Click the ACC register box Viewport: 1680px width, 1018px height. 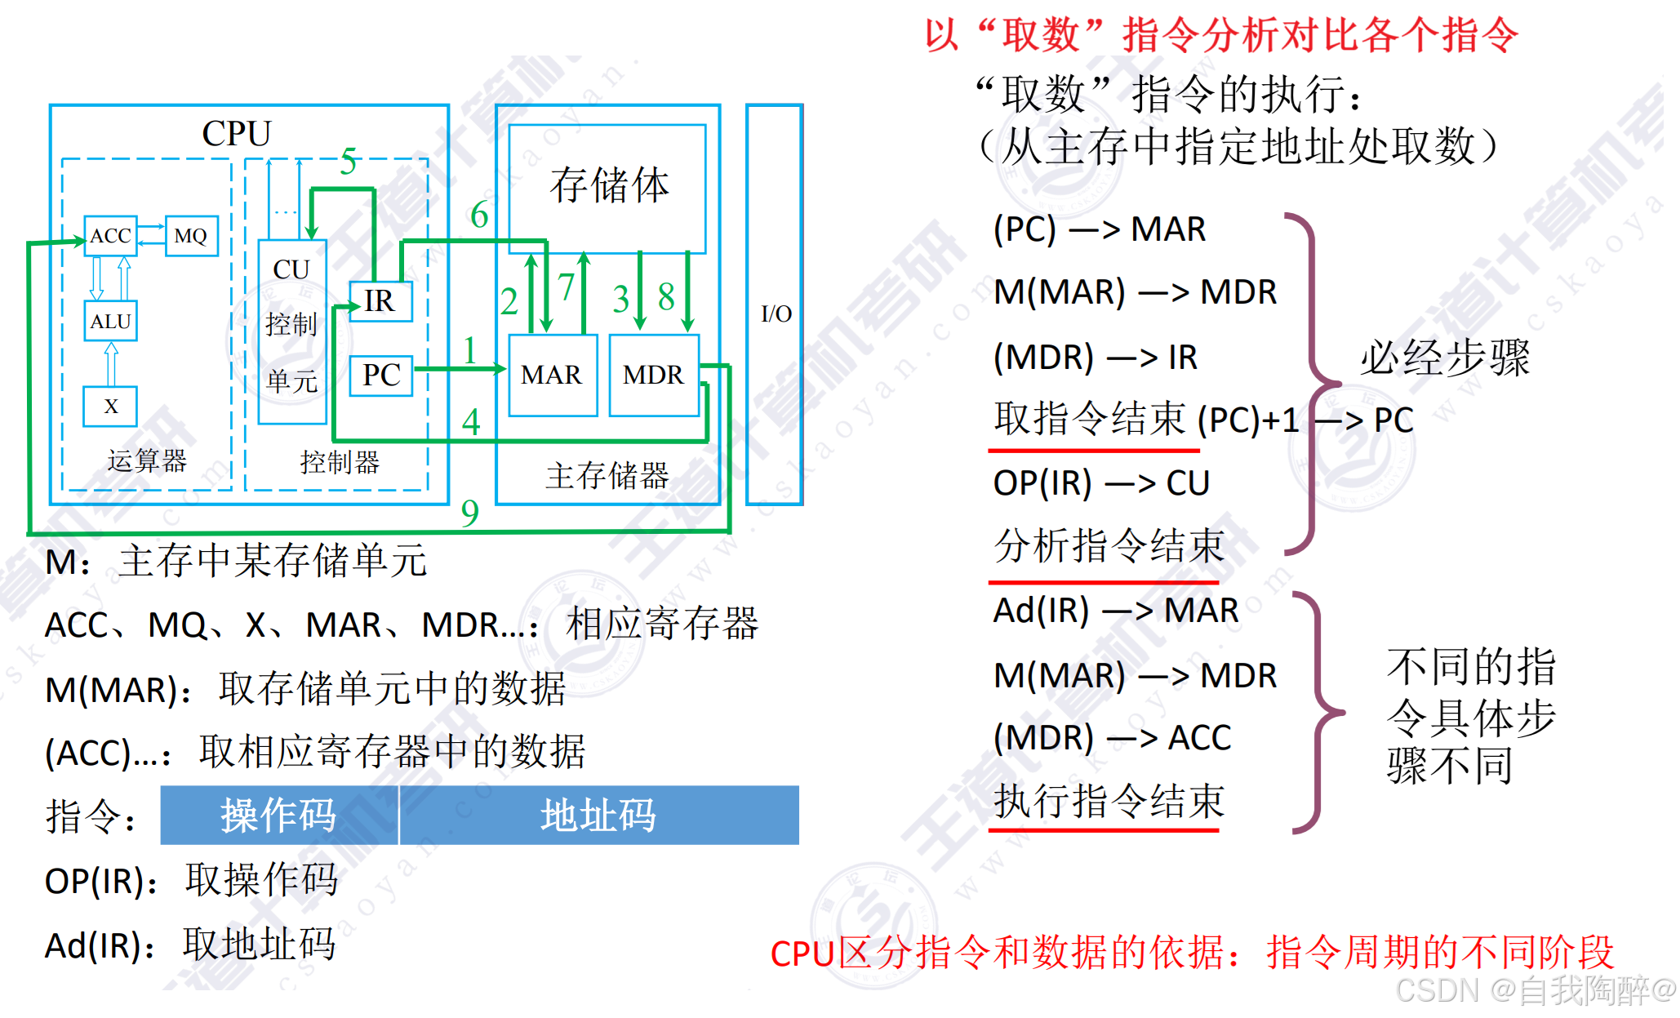click(x=110, y=236)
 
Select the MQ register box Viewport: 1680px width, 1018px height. click(x=191, y=236)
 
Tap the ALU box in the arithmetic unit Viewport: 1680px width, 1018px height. click(x=110, y=321)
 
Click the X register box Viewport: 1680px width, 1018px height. click(x=110, y=406)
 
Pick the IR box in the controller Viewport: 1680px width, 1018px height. click(x=380, y=301)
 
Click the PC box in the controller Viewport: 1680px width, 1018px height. click(x=380, y=376)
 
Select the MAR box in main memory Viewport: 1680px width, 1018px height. click(x=552, y=375)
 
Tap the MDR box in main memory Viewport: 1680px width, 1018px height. click(x=653, y=375)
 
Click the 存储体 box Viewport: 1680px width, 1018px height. click(x=608, y=186)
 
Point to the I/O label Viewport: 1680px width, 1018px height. click(x=776, y=313)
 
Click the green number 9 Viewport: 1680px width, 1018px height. click(x=469, y=513)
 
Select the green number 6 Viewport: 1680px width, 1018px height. click(x=479, y=216)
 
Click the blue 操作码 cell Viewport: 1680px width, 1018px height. click(x=278, y=815)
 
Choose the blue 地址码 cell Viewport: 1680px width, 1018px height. click(x=598, y=815)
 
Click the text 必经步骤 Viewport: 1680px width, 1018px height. click(x=1445, y=358)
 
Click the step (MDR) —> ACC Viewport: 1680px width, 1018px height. click(x=1111, y=738)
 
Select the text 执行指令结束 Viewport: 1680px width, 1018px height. click(x=1109, y=801)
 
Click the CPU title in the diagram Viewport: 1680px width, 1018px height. click(x=236, y=134)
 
